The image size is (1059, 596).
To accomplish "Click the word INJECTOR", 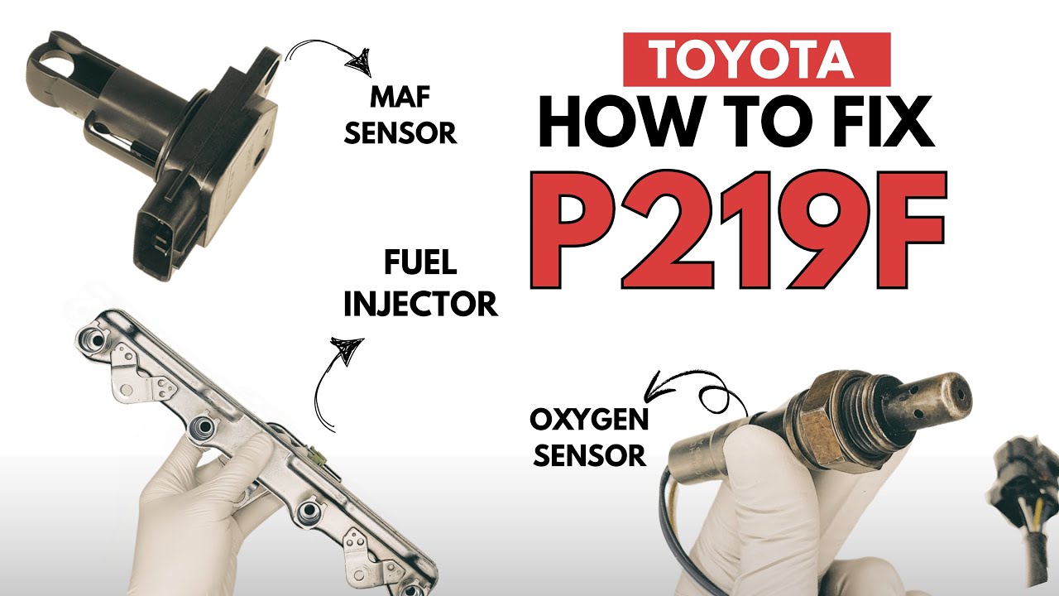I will coord(419,304).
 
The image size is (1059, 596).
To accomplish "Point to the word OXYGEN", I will coord(589,421).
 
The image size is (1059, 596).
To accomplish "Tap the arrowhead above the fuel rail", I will coord(347,349).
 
